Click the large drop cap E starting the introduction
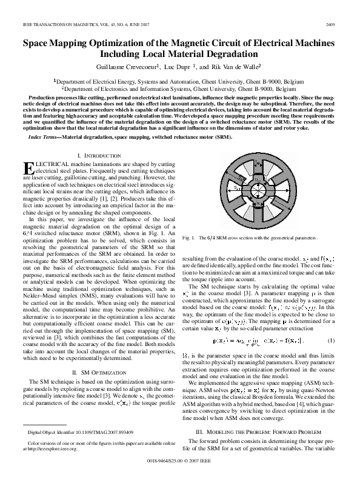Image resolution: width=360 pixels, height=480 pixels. coord(28,168)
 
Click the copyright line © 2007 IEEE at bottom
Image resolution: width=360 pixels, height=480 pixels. coord(180,476)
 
